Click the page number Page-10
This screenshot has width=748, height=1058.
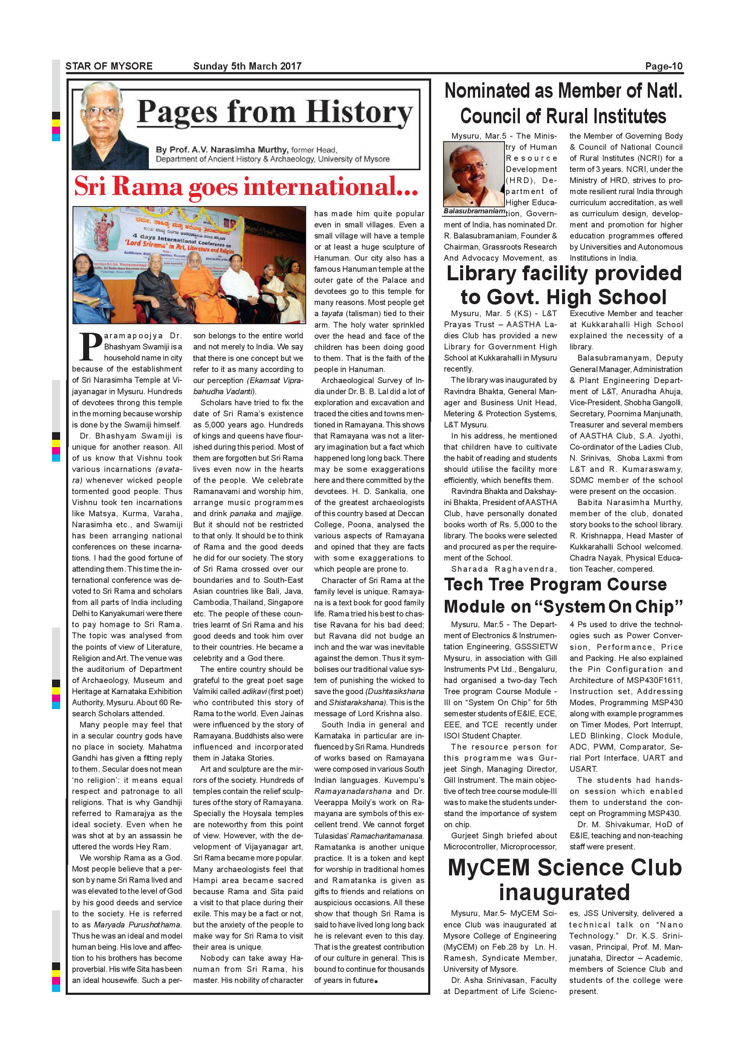tap(663, 66)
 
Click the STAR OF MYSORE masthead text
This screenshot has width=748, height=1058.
tap(109, 66)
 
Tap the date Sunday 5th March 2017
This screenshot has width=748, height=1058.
tap(247, 66)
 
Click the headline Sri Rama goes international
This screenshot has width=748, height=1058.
tap(246, 186)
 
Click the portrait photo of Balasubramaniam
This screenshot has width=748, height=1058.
tap(473, 174)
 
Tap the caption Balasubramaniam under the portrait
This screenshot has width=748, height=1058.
tap(474, 211)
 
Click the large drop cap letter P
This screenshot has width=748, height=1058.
tap(91, 346)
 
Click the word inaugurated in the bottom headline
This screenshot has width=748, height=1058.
tap(564, 892)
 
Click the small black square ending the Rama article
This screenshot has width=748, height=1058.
tap(376, 981)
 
